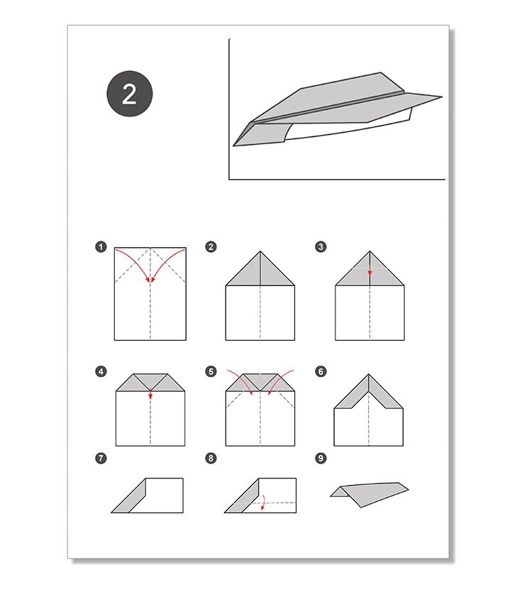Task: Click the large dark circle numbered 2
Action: pos(130,94)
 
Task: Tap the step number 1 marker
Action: pos(101,246)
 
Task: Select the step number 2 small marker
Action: pos(211,246)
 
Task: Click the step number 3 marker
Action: pos(321,246)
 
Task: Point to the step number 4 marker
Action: pos(101,371)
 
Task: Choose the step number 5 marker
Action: pos(211,371)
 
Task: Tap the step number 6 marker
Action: pos(321,371)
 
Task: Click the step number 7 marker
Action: pos(101,458)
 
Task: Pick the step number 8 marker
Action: pos(211,458)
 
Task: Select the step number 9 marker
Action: pos(321,458)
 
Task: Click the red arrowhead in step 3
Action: pos(370,273)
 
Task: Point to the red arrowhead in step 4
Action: pos(150,396)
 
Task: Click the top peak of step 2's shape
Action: pos(260,251)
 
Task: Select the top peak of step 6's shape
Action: pos(369,374)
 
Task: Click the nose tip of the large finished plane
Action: pos(233,146)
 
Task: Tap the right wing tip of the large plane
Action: pos(442,97)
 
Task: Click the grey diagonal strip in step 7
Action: pos(129,496)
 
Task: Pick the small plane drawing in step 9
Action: pos(370,495)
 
